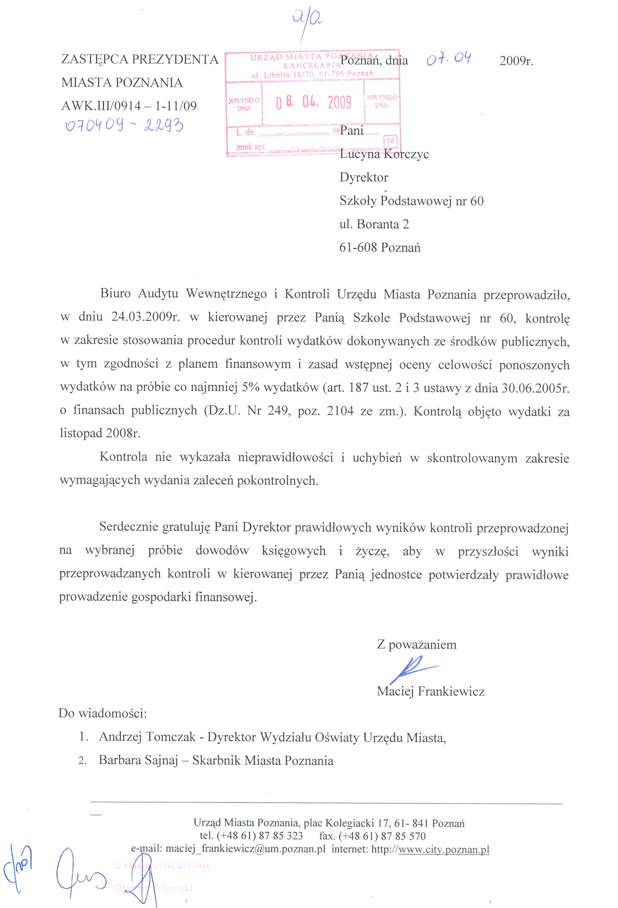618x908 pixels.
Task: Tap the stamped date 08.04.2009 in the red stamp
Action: (x=313, y=102)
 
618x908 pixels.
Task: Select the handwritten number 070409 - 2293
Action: (x=124, y=125)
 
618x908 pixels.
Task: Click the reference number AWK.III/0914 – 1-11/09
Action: (x=129, y=106)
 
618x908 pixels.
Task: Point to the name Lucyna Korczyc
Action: (x=384, y=154)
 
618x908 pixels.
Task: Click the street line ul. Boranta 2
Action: (x=374, y=224)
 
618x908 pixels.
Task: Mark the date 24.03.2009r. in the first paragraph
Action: (x=146, y=317)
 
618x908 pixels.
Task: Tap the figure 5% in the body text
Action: (x=250, y=387)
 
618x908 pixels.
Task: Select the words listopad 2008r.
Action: (x=100, y=433)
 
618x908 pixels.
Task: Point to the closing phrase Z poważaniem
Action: (x=417, y=644)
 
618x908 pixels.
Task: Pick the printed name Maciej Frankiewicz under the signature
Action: (x=431, y=691)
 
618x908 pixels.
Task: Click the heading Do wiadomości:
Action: (x=103, y=713)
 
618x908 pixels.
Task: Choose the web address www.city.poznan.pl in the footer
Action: (x=444, y=849)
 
